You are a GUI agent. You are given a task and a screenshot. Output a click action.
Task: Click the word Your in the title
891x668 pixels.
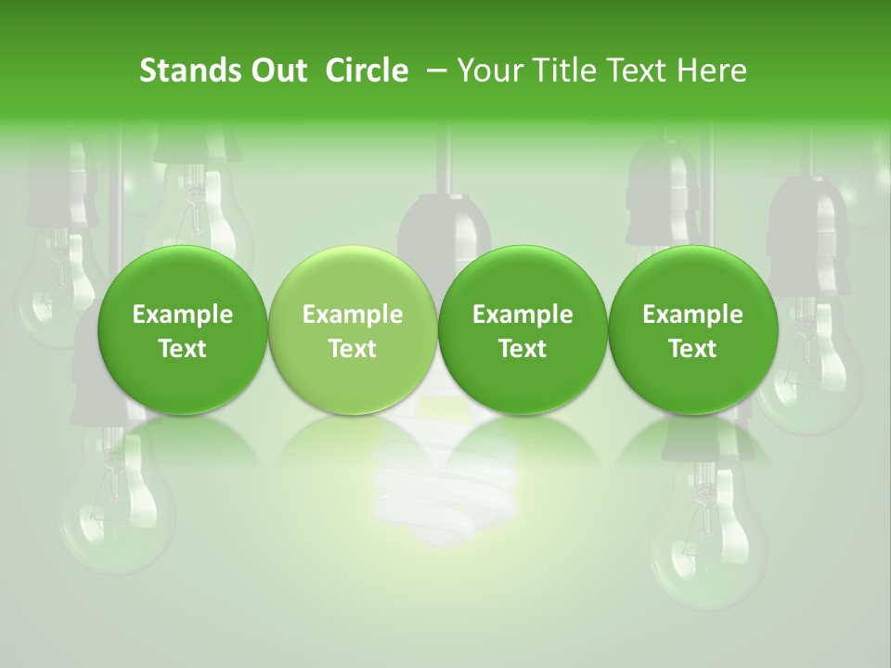point(488,71)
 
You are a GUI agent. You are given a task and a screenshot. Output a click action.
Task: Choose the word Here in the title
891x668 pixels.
point(711,71)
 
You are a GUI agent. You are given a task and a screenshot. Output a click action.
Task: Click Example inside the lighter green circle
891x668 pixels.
point(353,315)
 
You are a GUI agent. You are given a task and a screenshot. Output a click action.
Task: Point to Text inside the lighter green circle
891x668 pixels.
point(353,349)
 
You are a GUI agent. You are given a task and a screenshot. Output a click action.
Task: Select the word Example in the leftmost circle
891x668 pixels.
point(183,315)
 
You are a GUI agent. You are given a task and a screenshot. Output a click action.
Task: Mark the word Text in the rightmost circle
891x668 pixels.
point(692,349)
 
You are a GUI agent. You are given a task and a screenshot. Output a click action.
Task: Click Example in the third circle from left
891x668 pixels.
point(523,315)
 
